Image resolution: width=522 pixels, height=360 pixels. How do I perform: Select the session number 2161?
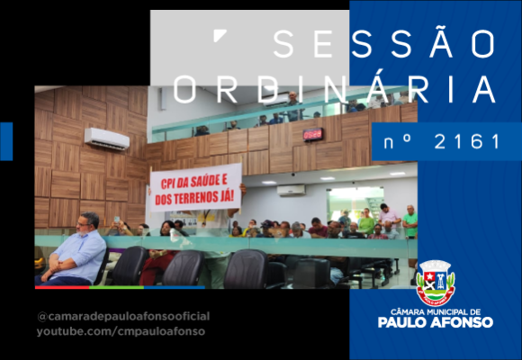(x=467, y=141)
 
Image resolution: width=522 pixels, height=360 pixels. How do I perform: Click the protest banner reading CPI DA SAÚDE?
(x=195, y=187)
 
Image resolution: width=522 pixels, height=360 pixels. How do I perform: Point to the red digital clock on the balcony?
(x=312, y=134)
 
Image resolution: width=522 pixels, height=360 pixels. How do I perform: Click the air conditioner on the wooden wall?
(x=107, y=139)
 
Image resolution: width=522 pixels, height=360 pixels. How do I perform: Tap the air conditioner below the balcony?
(x=291, y=190)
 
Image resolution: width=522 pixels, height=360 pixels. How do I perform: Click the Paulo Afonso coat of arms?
(x=436, y=283)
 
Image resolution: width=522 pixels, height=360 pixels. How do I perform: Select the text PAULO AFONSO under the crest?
(x=435, y=322)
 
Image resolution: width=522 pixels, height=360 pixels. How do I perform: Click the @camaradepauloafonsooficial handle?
(x=123, y=317)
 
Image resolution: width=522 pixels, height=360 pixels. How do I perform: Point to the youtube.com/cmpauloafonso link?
(x=121, y=332)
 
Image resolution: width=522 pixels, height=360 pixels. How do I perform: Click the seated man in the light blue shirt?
(x=72, y=249)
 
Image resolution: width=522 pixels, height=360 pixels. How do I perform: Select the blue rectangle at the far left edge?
(x=6, y=141)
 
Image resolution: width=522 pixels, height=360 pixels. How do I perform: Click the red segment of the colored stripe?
(x=62, y=287)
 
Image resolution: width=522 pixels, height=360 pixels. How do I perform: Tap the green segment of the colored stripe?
(x=116, y=287)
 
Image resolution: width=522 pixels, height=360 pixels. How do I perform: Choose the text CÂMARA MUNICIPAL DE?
(x=436, y=312)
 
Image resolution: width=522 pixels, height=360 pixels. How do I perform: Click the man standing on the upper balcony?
(x=293, y=106)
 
